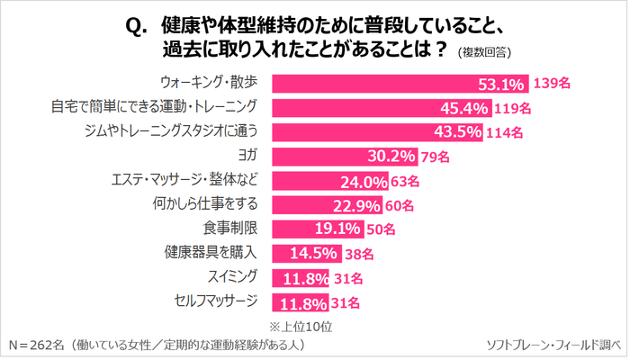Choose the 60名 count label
[x=401, y=204]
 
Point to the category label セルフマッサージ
[x=218, y=301]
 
